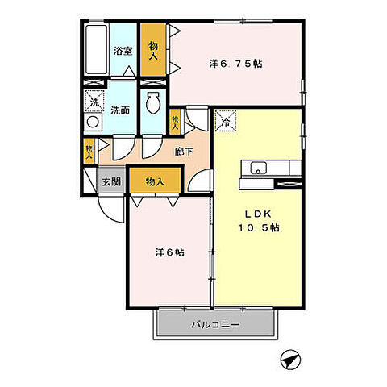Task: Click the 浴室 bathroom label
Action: [x=123, y=51]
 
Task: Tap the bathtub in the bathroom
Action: [x=96, y=50]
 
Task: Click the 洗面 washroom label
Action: [x=120, y=110]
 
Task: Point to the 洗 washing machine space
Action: [x=94, y=101]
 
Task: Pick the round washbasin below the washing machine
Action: [x=93, y=122]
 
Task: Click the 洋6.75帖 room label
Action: [x=235, y=64]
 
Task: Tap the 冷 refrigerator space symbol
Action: [x=225, y=121]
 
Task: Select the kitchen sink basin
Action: [x=258, y=169]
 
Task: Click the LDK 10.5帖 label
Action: [x=259, y=221]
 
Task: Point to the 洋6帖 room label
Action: [x=169, y=252]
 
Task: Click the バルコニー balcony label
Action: [x=215, y=325]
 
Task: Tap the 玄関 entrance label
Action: [x=111, y=181]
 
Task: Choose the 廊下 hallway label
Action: [x=184, y=152]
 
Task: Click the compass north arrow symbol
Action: [x=290, y=360]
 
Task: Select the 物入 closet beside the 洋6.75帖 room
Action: [x=153, y=50]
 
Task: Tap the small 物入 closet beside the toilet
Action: [x=175, y=122]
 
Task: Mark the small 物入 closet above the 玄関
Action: [x=89, y=151]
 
